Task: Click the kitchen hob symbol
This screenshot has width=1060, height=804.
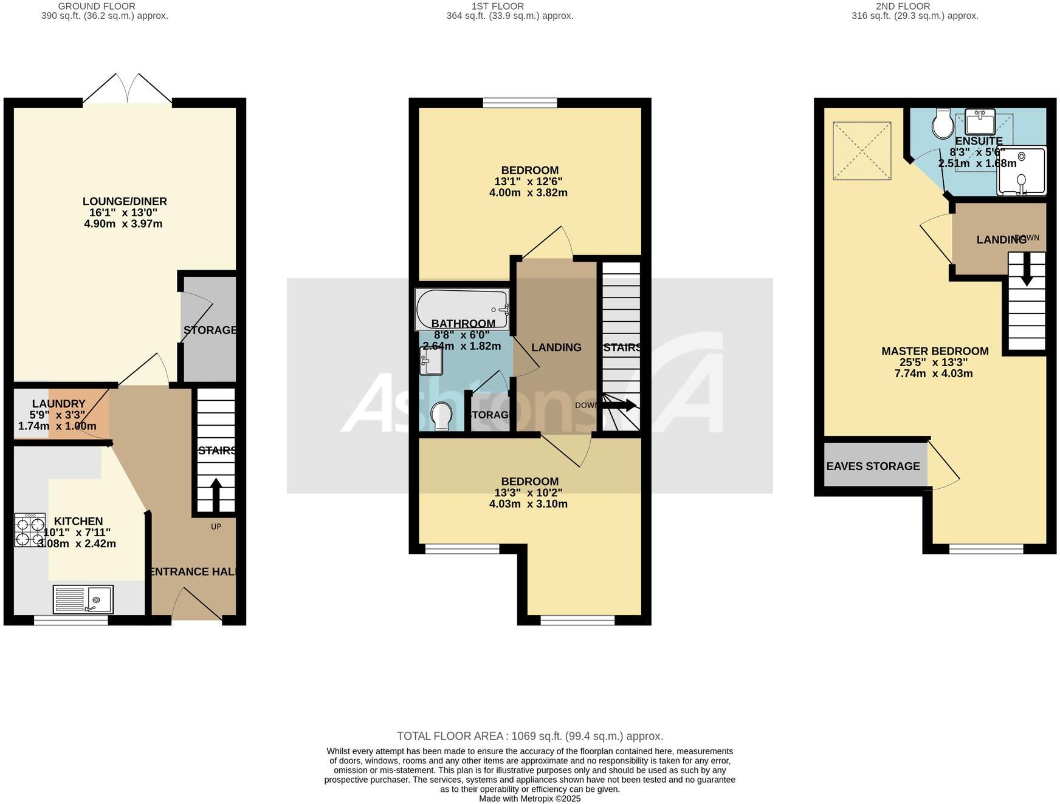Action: (30, 530)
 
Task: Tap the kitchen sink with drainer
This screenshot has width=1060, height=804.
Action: (83, 599)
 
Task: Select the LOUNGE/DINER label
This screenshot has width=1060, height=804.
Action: (125, 202)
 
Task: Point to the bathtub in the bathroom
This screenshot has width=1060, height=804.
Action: (462, 308)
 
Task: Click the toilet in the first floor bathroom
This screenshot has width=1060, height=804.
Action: (441, 417)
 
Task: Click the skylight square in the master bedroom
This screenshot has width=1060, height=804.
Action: (861, 151)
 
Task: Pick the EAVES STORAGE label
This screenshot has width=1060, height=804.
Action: (873, 466)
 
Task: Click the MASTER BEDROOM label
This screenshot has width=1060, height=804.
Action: (935, 351)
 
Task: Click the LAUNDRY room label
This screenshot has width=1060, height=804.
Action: (58, 404)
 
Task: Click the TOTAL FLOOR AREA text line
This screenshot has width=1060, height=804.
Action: (529, 736)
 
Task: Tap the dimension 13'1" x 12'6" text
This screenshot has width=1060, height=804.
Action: (528, 182)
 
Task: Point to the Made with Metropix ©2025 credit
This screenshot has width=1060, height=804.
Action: (529, 799)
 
